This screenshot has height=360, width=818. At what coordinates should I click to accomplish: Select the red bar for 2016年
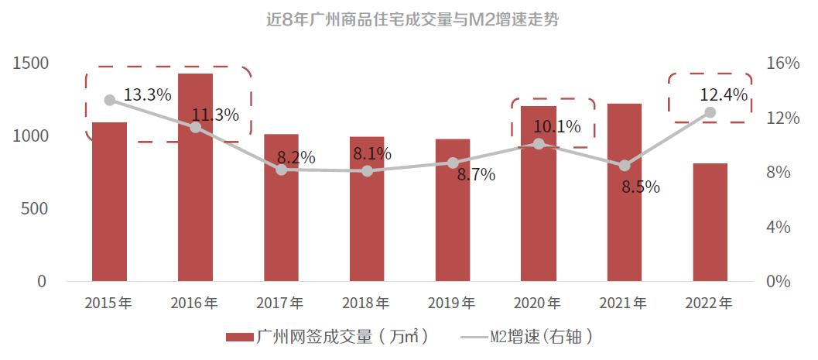pyautogui.click(x=195, y=178)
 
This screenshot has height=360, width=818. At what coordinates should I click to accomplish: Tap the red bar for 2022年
pyautogui.click(x=710, y=222)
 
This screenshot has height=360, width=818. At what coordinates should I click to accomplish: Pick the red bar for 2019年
pyautogui.click(x=453, y=210)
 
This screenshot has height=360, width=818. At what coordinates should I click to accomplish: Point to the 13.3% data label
pyautogui.click(x=147, y=95)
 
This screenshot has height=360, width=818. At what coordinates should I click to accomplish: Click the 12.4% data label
pyautogui.click(x=724, y=95)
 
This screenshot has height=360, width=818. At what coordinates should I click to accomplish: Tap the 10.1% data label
pyautogui.click(x=557, y=125)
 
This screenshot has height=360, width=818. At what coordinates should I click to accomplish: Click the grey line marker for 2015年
pyautogui.click(x=110, y=100)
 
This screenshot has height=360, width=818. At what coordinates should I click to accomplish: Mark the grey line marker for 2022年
pyautogui.click(x=710, y=112)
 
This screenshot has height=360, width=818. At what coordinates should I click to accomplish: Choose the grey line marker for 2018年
pyautogui.click(x=367, y=170)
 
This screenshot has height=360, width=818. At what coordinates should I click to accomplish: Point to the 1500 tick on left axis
pyautogui.click(x=31, y=63)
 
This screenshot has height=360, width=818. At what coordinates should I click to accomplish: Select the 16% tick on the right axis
pyautogui.click(x=783, y=63)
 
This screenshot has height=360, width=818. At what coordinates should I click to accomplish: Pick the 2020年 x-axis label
pyautogui.click(x=538, y=303)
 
